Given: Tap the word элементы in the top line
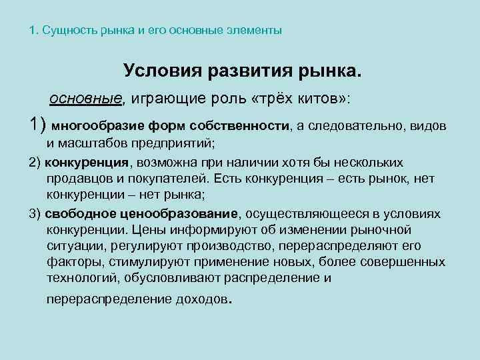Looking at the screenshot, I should [x=259, y=31].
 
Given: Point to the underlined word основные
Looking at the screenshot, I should [x=85, y=99].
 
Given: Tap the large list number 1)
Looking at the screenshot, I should [x=37, y=125].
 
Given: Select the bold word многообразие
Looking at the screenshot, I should [x=89, y=125].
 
